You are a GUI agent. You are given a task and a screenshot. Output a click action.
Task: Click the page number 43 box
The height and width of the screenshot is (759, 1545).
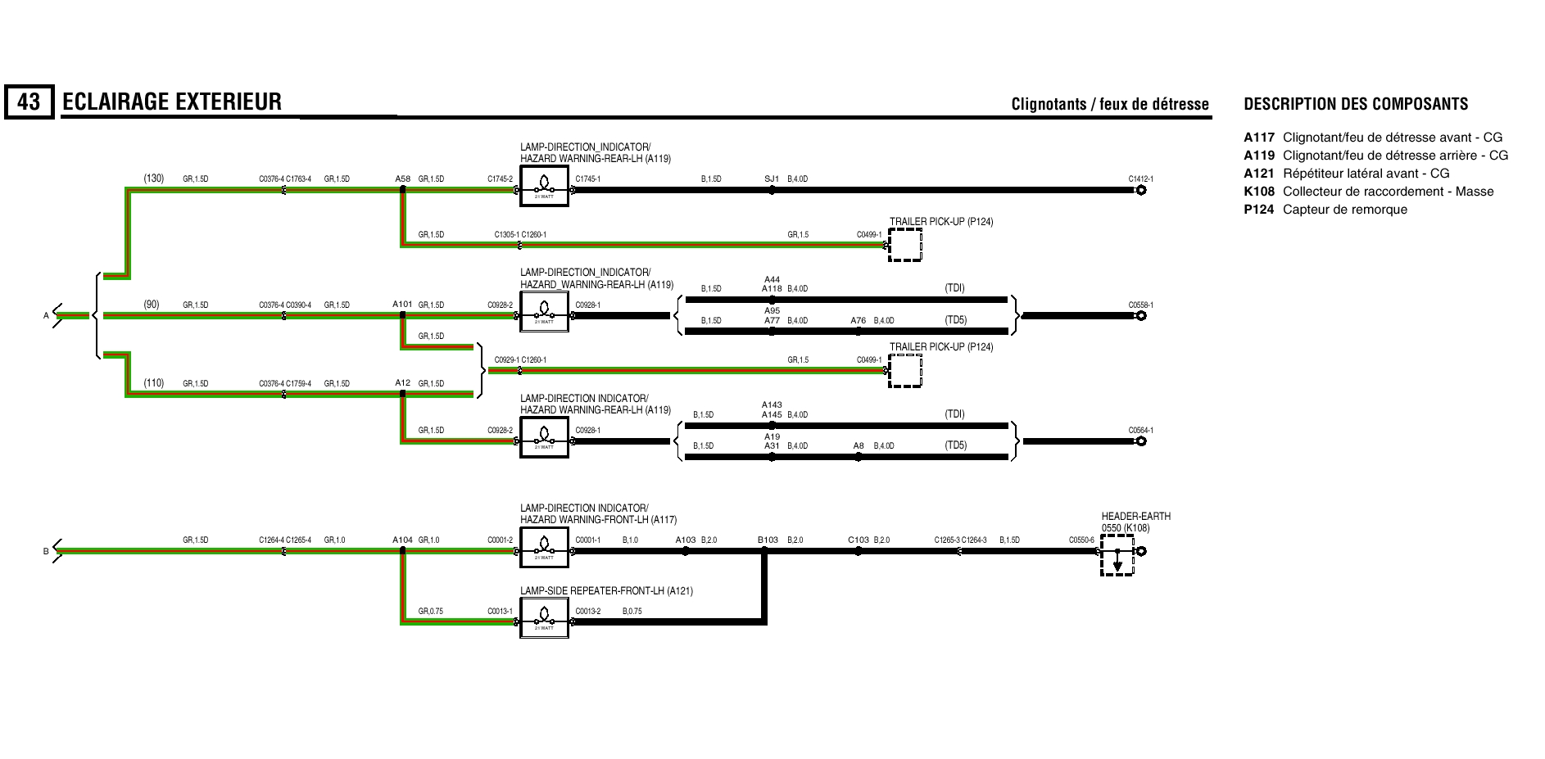coord(29,102)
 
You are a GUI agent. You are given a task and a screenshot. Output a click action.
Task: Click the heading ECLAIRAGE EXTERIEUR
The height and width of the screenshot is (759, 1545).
coord(171,102)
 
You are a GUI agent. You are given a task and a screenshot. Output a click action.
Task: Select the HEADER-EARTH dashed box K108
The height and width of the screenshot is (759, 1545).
coord(1117,555)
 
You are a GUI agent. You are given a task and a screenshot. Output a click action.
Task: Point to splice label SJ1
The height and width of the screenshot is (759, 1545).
coord(771,178)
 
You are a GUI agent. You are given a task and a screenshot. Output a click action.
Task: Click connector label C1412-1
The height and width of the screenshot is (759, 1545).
coord(1140,178)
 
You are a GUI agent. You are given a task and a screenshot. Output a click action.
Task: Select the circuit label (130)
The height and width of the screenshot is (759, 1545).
coord(153,178)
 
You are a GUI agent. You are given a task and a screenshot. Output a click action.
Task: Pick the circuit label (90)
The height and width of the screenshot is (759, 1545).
coord(152,305)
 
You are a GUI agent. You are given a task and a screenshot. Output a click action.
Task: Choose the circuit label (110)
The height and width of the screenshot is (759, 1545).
coord(153,383)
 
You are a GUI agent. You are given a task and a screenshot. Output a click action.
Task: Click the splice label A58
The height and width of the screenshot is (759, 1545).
coord(402,178)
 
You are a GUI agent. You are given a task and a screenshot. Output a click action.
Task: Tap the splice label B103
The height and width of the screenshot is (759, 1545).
coord(768,540)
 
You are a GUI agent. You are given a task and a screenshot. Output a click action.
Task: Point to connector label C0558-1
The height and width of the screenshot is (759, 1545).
coord(1140,305)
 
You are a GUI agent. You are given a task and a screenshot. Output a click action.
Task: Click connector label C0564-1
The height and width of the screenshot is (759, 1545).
coord(1140,430)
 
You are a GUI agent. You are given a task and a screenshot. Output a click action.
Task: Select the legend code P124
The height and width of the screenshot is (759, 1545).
coord(1258,210)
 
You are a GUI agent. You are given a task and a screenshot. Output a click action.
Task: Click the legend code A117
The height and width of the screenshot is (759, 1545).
coord(1258,138)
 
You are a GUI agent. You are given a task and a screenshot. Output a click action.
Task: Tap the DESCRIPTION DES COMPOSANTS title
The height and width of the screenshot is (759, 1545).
coord(1356,104)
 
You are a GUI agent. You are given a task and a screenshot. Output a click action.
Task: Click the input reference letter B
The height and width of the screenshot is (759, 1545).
coord(46,552)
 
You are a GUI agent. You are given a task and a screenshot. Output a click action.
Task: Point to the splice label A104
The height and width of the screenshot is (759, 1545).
coord(402,540)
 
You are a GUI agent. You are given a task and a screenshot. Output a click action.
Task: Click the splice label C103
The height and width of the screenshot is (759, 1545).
coord(858,540)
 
